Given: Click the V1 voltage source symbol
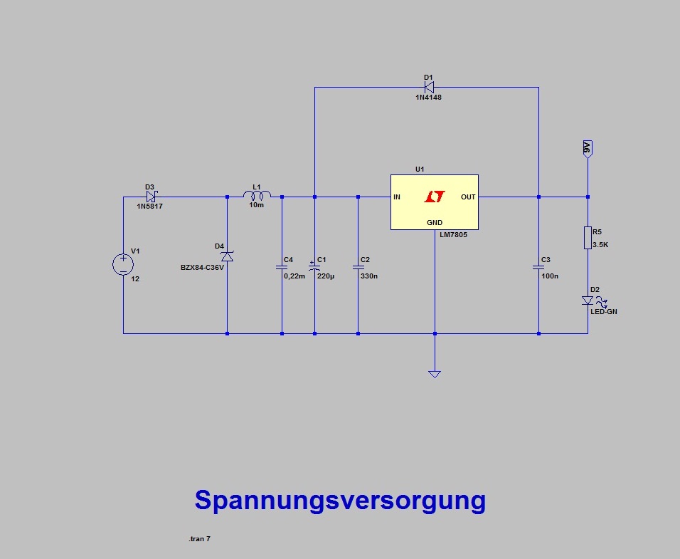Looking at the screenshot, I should click(123, 265).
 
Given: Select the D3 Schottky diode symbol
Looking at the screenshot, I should click(151, 197).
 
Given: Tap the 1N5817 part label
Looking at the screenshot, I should click(150, 206).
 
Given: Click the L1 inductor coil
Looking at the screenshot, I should click(257, 196).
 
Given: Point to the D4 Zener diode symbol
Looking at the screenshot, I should click(227, 256).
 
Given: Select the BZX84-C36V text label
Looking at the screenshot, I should click(203, 268).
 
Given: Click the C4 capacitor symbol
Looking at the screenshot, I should click(282, 268).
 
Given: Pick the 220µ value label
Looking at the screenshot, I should click(326, 276).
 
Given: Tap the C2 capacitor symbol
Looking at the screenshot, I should click(358, 268).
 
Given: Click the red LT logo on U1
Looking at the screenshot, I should click(434, 197).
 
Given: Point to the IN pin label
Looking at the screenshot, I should click(397, 197).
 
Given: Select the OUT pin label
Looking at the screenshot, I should click(468, 197).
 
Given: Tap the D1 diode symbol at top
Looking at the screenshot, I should click(429, 88).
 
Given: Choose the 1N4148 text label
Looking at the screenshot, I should click(428, 98).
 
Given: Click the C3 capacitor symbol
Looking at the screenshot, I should click(538, 268).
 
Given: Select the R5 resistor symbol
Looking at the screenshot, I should click(588, 238).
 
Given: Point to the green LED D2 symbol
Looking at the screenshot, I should click(588, 301).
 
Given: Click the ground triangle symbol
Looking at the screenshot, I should click(435, 373).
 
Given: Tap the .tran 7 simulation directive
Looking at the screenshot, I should click(199, 539).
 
